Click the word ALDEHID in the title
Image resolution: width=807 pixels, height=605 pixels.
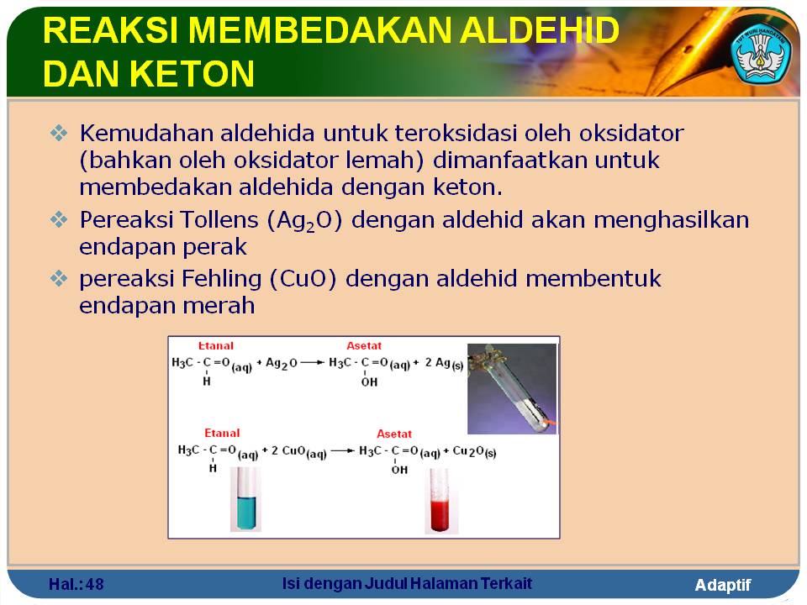(x=540, y=30)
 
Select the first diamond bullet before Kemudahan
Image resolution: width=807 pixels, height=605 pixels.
(x=59, y=134)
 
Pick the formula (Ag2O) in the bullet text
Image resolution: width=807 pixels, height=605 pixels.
(x=304, y=221)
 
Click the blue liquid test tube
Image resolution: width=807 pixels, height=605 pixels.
(x=245, y=499)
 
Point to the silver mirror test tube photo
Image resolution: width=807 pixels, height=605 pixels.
(x=512, y=389)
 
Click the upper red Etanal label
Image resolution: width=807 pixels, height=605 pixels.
(x=216, y=345)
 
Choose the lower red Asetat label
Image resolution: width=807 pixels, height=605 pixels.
(x=394, y=434)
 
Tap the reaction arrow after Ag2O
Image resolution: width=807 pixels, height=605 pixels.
(x=313, y=363)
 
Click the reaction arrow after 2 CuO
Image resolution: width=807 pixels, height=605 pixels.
(x=343, y=451)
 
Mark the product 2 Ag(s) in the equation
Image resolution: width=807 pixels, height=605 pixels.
(x=444, y=364)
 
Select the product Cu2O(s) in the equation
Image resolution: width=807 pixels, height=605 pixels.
(x=474, y=452)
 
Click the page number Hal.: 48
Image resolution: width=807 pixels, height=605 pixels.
(x=76, y=585)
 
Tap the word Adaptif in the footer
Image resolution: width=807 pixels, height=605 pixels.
(x=723, y=586)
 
